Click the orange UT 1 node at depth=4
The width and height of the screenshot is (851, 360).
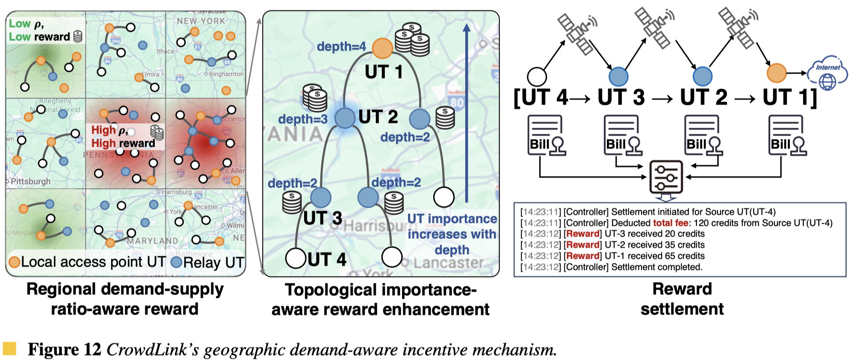click(382, 48)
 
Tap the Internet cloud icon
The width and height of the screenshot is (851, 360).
click(827, 74)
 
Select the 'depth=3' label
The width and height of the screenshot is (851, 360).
click(303, 119)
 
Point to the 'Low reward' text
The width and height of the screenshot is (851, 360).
click(39, 37)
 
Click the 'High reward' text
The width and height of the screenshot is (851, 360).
click(123, 143)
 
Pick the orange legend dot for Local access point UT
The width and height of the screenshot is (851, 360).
click(15, 262)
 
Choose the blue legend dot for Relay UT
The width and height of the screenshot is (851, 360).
click(177, 262)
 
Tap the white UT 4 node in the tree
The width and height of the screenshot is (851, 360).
click(296, 258)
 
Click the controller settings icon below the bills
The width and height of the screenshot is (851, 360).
click(666, 177)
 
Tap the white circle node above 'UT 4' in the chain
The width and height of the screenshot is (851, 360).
click(537, 77)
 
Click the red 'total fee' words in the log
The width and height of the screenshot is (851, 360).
click(671, 223)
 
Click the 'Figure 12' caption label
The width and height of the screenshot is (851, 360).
click(64, 349)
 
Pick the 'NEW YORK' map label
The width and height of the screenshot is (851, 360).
click(201, 21)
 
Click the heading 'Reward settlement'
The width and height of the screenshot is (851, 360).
click(682, 299)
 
